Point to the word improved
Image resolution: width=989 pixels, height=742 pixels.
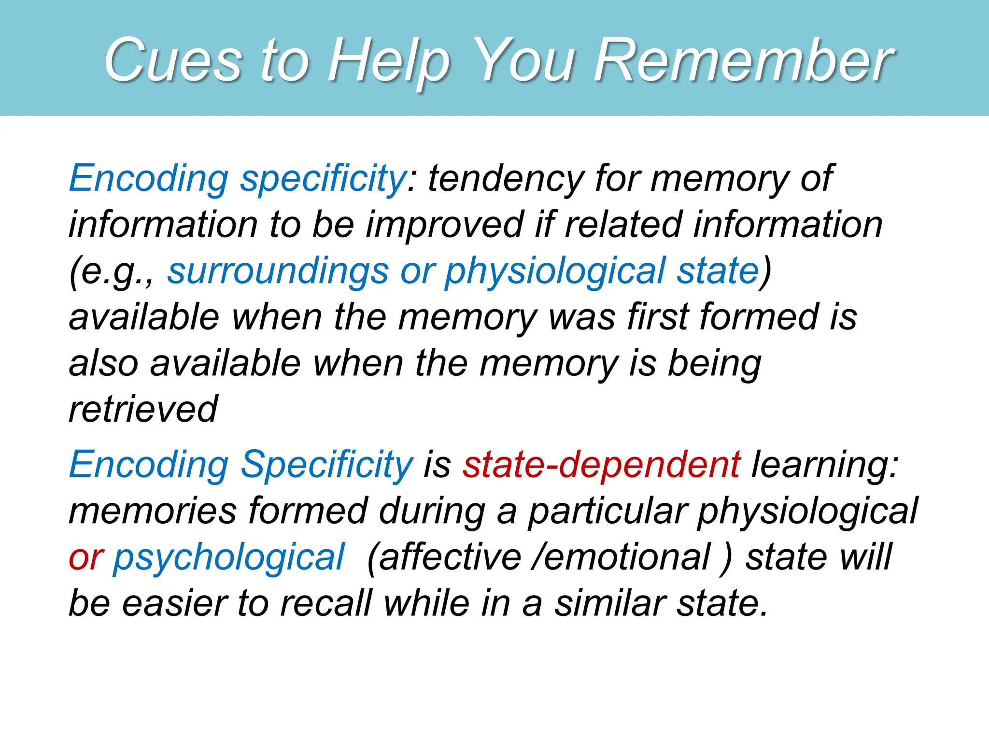point(444,225)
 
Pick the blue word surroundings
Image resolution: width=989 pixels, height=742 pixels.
point(278,271)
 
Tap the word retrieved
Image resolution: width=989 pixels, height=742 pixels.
point(143,409)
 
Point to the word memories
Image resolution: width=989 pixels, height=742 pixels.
point(153,511)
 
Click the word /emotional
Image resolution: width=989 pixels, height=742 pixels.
point(621,557)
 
